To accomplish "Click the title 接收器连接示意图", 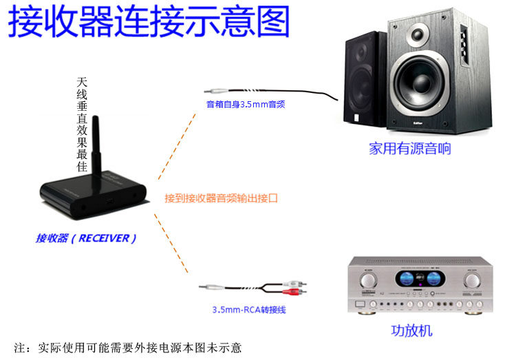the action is (x=149, y=22).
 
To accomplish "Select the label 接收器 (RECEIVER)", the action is (x=86, y=238).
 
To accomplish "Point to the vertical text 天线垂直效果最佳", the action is (x=83, y=125).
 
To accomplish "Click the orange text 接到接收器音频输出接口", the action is (x=221, y=198).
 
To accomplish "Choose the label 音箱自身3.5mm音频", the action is (x=246, y=105).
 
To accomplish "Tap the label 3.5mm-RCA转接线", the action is (x=248, y=310).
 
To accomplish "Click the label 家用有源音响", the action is (x=410, y=149).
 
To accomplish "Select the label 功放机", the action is (x=411, y=330).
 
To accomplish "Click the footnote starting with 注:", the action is (x=128, y=348).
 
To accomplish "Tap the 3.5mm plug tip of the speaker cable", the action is (x=208, y=91).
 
